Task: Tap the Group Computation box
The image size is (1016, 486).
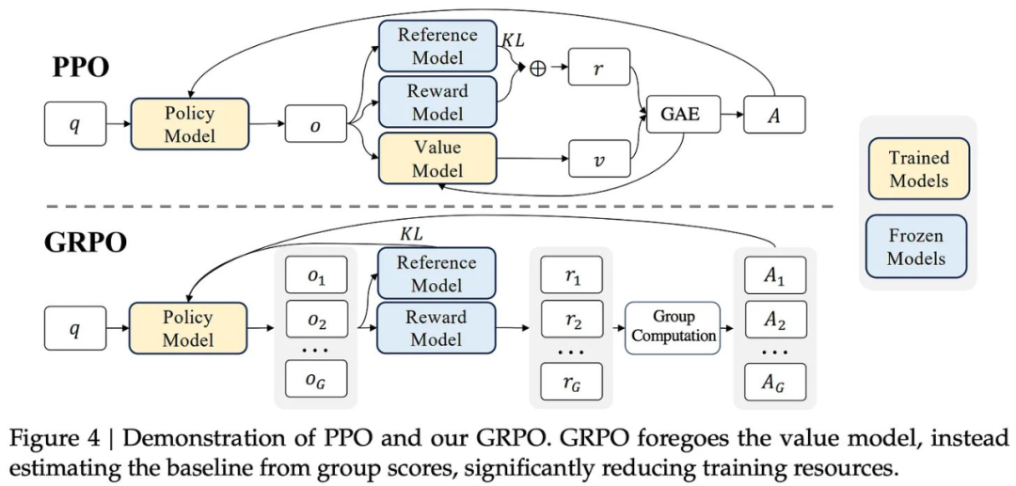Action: click(673, 327)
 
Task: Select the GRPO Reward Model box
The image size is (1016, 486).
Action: click(436, 327)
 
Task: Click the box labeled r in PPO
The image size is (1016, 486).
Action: click(599, 66)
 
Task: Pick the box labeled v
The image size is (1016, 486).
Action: click(599, 158)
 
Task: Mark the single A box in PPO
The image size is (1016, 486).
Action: click(774, 115)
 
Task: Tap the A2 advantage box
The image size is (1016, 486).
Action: click(775, 319)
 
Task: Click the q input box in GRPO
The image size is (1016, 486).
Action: click(75, 327)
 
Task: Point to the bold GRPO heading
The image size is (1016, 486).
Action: click(85, 242)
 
